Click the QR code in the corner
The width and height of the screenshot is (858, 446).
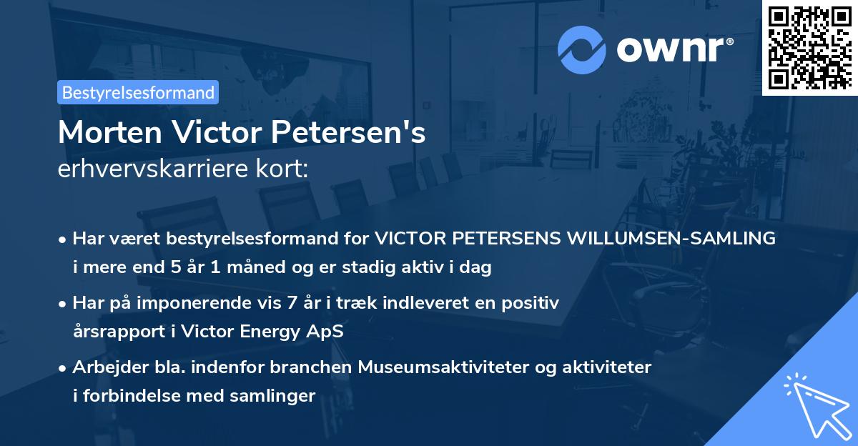(809, 47)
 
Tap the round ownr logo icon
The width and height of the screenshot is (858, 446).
(581, 49)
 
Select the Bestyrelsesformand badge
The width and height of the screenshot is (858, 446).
(138, 92)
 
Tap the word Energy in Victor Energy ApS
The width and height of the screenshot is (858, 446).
(271, 332)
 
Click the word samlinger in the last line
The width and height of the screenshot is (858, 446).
(279, 396)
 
